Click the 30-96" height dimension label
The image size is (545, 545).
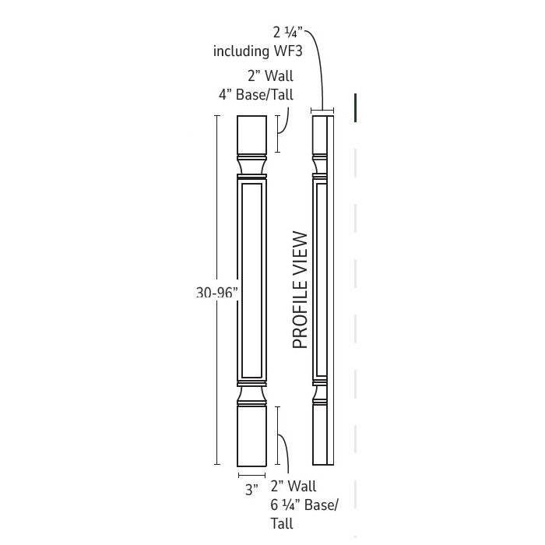216,293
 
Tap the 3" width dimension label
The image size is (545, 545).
251,490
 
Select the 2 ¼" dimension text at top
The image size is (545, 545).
287,33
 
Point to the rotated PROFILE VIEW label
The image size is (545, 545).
301,290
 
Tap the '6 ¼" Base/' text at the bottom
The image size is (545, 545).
304,505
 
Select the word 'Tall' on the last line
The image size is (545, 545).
283,523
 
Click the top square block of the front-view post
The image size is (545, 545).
252,134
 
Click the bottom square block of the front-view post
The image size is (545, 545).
252,436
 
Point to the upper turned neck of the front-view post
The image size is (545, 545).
252,164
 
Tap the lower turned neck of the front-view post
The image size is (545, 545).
252,396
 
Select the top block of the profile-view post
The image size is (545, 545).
319,134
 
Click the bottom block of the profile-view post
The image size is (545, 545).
319,436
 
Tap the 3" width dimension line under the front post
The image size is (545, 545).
252,474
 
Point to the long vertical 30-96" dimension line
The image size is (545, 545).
217,234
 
